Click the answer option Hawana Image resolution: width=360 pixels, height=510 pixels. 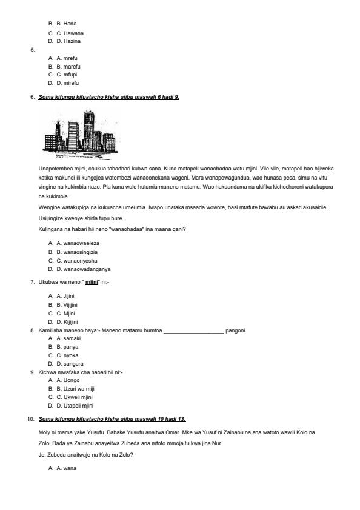(70, 33)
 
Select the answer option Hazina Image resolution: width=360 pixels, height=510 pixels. (68, 41)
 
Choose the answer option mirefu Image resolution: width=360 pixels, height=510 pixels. (68, 82)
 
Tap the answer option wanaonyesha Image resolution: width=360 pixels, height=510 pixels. (77, 260)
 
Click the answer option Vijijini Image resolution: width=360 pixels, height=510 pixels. (68, 304)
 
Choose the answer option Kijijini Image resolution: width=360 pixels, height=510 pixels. (68, 321)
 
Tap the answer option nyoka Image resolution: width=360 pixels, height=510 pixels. (67, 355)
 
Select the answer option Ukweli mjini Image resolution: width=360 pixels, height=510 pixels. (74, 397)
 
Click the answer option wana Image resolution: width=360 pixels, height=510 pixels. (66, 468)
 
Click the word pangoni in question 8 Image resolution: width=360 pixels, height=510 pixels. (236, 330)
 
